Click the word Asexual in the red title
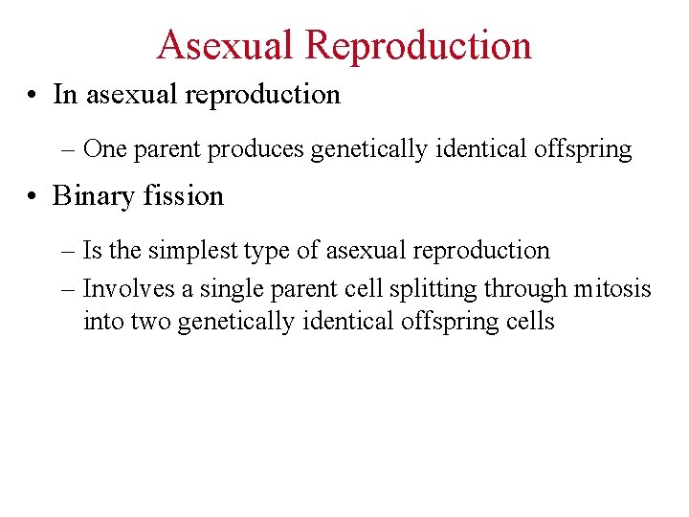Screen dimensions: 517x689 (225, 45)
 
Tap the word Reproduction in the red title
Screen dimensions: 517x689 (418, 45)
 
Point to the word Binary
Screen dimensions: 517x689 (93, 196)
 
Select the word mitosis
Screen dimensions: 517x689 (612, 288)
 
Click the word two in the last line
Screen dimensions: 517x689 (149, 322)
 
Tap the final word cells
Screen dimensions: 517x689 (530, 321)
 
